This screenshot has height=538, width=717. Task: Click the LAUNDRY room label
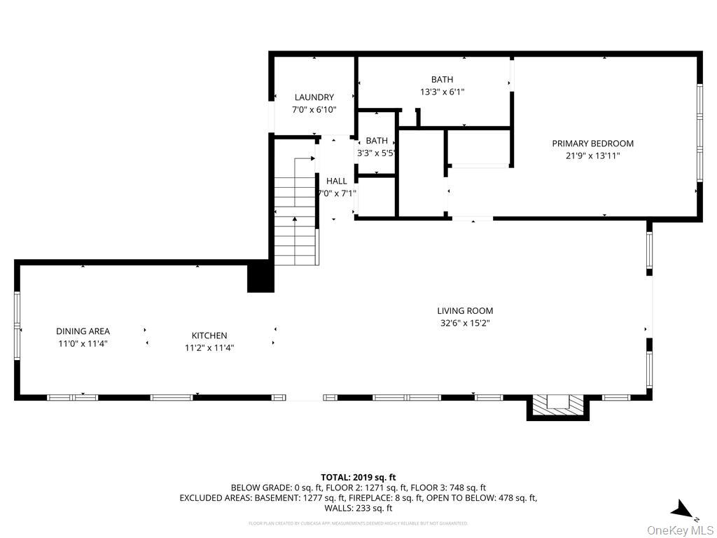coord(314,97)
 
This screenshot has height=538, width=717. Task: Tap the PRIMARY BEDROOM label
coord(592,144)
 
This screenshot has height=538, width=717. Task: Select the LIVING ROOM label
coord(465,311)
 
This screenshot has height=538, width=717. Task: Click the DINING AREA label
coord(83,331)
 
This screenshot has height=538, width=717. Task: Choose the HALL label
coord(336,181)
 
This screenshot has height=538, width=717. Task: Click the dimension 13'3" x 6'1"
coord(442,92)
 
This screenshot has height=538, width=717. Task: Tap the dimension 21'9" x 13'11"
coord(592,156)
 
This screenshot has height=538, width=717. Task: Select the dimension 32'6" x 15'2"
coord(465,324)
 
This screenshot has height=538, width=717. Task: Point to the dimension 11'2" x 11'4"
coord(209,347)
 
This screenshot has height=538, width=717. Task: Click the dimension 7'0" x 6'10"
coord(314,110)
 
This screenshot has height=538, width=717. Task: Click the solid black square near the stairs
coord(259,277)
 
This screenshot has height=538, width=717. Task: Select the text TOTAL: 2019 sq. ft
coord(358,477)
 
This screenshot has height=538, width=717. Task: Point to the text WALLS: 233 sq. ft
coord(358,509)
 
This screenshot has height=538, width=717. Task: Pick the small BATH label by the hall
coord(376,141)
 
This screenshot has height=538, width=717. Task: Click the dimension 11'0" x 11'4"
coord(83,343)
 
